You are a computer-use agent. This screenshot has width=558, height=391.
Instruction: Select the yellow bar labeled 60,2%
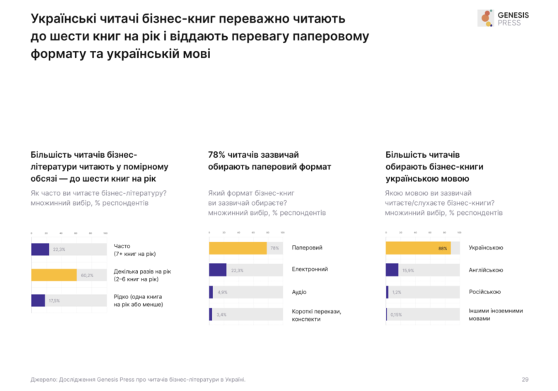[54, 274]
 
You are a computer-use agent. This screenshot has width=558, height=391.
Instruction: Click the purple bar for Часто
[40, 249]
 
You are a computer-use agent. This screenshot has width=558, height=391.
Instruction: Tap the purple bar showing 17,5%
[38, 300]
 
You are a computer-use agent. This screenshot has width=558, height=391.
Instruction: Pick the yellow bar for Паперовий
[238, 247]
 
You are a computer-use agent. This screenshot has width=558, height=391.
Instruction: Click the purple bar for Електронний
[218, 269]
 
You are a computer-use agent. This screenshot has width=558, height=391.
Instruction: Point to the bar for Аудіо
[211, 292]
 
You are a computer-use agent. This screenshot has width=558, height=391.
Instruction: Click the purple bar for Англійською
[392, 269]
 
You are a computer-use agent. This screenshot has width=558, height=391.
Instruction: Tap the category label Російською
[484, 291]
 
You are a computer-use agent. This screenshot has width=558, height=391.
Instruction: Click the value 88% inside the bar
[443, 248]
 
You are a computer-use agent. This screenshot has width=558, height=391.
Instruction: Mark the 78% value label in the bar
[273, 247]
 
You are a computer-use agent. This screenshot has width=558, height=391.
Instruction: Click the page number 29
[525, 379]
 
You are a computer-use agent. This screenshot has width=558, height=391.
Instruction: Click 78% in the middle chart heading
[216, 154]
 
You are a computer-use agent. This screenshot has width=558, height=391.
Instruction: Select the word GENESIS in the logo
[518, 14]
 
